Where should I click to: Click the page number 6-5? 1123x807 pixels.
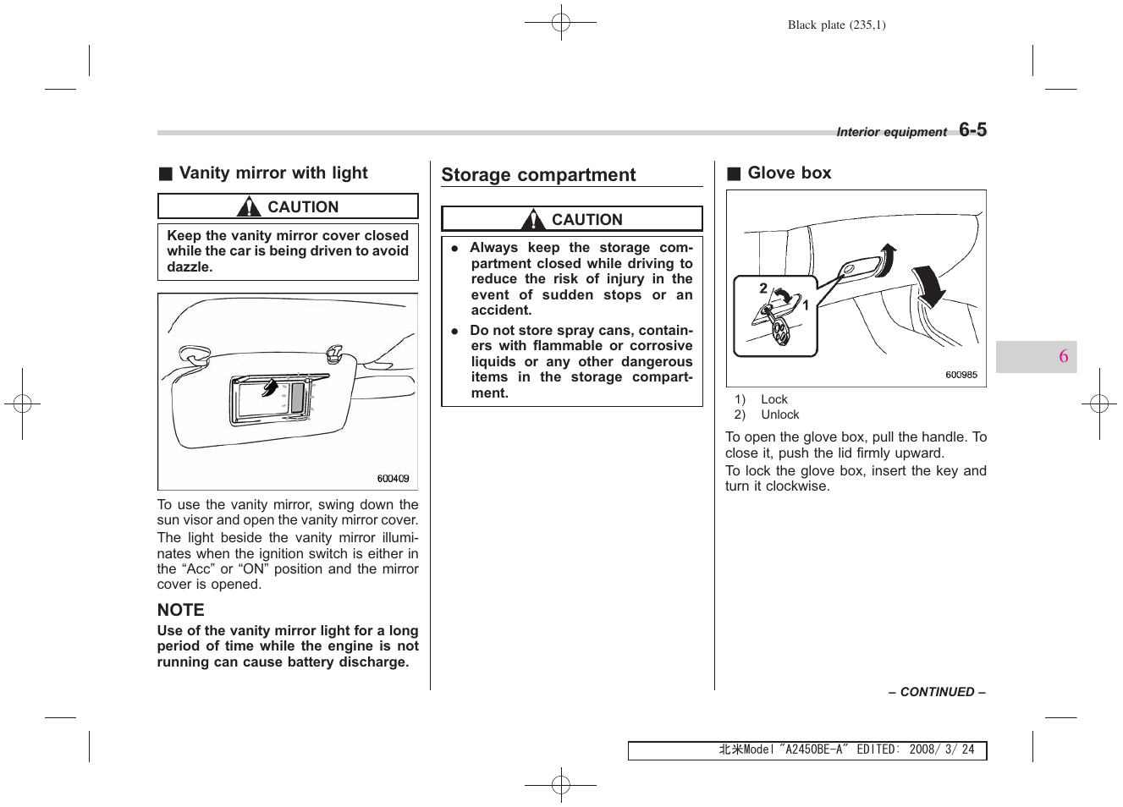972,129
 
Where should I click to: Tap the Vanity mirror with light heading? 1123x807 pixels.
272,173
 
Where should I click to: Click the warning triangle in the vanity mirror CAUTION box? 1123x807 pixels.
249,206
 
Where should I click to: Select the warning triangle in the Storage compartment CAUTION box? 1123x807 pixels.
533,220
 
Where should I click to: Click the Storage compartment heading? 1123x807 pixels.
538,175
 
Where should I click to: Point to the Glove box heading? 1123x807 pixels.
789,173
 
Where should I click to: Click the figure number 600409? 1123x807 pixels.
393,479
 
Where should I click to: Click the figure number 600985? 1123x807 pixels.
961,375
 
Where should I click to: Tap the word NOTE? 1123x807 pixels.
180,610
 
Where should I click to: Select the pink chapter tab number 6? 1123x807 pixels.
1063,356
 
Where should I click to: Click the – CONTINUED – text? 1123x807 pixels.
937,692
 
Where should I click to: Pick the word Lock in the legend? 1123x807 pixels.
773,399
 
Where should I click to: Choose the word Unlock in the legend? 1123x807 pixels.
779,414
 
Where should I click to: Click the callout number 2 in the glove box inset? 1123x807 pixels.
763,288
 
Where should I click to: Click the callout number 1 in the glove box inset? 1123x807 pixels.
806,305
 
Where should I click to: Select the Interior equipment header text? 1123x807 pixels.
891,132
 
